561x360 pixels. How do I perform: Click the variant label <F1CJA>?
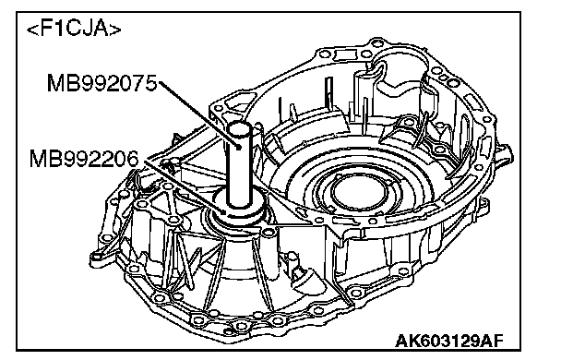(74, 29)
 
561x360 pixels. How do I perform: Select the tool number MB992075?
(102, 83)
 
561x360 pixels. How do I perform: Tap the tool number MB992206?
(84, 159)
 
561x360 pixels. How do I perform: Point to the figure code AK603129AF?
(448, 341)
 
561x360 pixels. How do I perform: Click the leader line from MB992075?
(198, 114)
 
